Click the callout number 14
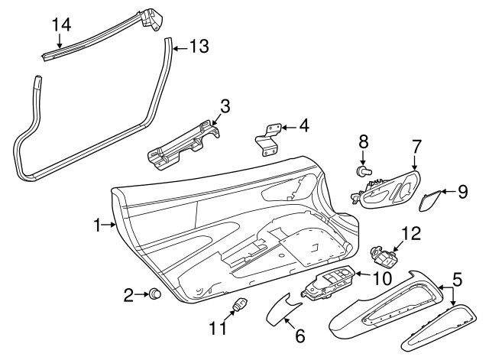[x=61, y=23]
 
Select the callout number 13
[x=198, y=47]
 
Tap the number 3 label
[x=225, y=105]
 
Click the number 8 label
[x=364, y=141]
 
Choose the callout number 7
[x=416, y=144]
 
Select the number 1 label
[x=98, y=225]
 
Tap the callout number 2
[x=129, y=294]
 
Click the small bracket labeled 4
[x=267, y=140]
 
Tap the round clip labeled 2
[x=155, y=294]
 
